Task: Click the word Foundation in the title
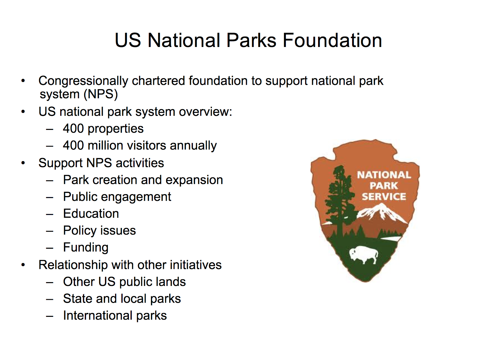pyautogui.click(x=332, y=40)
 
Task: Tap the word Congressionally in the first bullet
pyautogui.click(x=83, y=81)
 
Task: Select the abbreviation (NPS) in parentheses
pyautogui.click(x=101, y=95)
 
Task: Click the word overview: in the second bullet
pyautogui.click(x=205, y=112)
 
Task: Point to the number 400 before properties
pyautogui.click(x=73, y=128)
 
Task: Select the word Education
pyautogui.click(x=91, y=213)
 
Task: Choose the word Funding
pyautogui.click(x=86, y=248)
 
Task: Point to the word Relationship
pyautogui.click(x=73, y=265)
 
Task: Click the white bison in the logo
pyautogui.click(x=363, y=254)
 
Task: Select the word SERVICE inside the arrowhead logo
pyautogui.click(x=384, y=196)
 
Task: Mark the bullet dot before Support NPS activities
pyautogui.click(x=23, y=163)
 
